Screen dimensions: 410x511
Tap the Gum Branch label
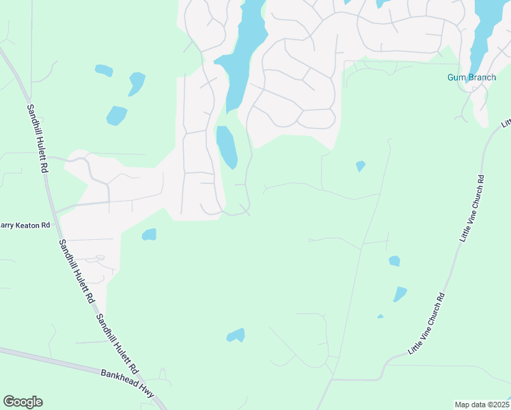pyautogui.click(x=471, y=77)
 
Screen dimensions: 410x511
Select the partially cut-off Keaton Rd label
pyautogui.click(x=25, y=225)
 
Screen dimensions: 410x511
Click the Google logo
pyautogui.click(x=23, y=402)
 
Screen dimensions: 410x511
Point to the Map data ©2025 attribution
pyautogui.click(x=482, y=405)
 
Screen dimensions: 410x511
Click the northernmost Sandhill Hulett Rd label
pyautogui.click(x=38, y=137)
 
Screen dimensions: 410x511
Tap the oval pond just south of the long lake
pyautogui.click(x=227, y=146)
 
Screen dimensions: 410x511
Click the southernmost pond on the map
pyautogui.click(x=236, y=336)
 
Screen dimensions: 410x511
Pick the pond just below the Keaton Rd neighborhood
pyautogui.click(x=149, y=235)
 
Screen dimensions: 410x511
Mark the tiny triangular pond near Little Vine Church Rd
pyautogui.click(x=380, y=316)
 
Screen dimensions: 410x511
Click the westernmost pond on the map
pyautogui.click(x=104, y=70)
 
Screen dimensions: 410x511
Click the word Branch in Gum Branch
pyautogui.click(x=482, y=77)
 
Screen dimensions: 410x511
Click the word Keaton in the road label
pyautogui.click(x=23, y=225)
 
